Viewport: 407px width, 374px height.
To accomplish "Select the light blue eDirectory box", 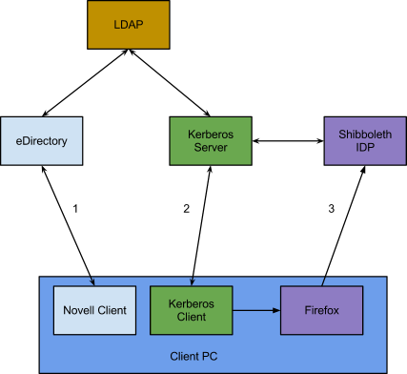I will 35,141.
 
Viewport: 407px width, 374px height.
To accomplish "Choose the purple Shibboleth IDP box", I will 365,141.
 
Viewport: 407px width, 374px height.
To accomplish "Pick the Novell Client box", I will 93,310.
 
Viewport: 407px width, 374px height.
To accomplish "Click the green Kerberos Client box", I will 192,310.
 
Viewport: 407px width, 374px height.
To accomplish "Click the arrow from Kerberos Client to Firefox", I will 255,310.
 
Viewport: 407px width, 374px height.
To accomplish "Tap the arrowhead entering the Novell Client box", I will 93,282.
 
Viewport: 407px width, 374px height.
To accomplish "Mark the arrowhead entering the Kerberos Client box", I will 193,282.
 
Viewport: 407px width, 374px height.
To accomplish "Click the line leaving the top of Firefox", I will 324,280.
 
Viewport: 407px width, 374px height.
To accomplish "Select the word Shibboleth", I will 365,135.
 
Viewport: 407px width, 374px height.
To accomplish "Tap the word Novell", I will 78,310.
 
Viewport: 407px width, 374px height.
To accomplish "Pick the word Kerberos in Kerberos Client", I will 192,303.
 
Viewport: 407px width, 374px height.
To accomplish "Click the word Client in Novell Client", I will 112,310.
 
